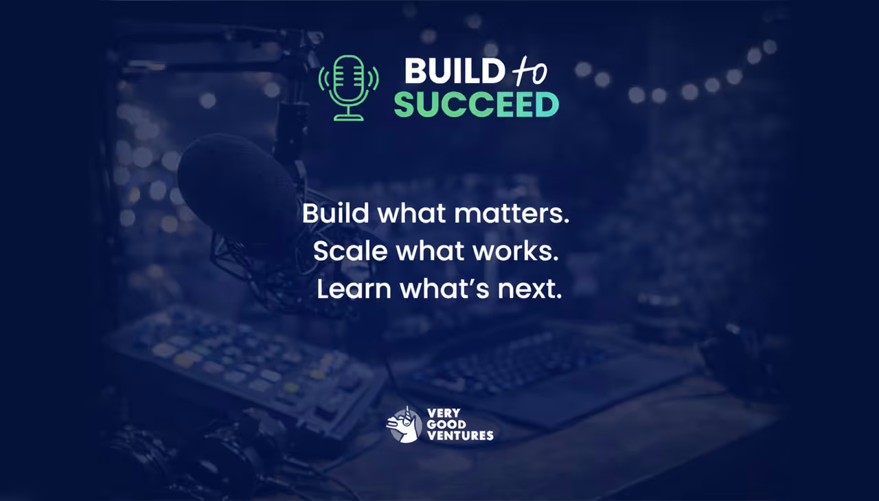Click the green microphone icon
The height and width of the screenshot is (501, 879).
[x=348, y=87]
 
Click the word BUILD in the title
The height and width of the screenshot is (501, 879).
[x=453, y=71]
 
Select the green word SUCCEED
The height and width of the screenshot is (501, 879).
[x=476, y=104]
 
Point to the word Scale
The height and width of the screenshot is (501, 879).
[x=350, y=252]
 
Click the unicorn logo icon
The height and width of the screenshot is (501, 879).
[x=404, y=424]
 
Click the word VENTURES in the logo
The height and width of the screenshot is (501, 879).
[x=460, y=435]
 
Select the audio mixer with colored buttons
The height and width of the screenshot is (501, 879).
[x=240, y=364]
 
